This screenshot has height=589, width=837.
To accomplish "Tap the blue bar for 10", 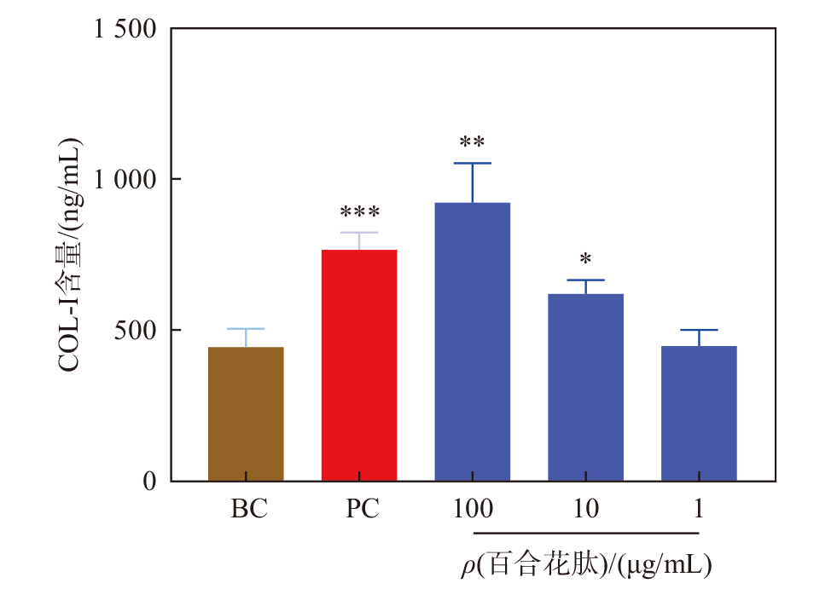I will (586, 387).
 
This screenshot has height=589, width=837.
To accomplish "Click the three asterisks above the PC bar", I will (359, 213).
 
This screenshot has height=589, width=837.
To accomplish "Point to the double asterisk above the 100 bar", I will (472, 142).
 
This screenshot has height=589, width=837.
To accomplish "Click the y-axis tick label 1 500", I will (126, 29).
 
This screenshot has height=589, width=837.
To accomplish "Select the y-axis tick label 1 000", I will (126, 180).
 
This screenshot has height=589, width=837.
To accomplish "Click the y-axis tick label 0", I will (150, 482).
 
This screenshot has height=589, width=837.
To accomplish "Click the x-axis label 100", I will (473, 511).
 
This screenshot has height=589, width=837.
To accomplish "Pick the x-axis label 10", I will (586, 511).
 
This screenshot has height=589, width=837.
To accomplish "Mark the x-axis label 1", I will (699, 511).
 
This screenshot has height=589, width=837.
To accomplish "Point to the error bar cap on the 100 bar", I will (473, 163).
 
